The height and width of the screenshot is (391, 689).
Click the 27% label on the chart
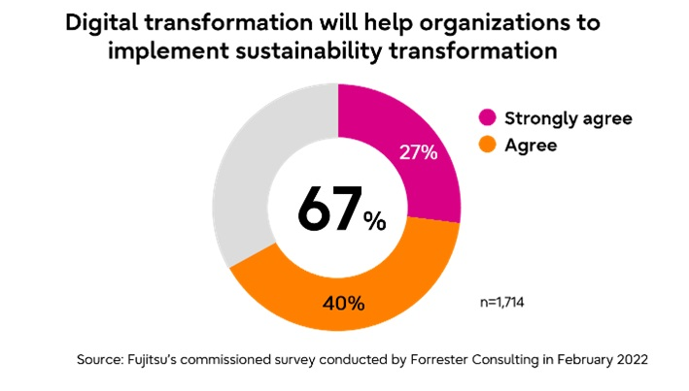pyautogui.click(x=419, y=152)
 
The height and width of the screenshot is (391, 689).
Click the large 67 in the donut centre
pyautogui.click(x=327, y=208)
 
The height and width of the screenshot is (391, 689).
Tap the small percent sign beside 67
pyautogui.click(x=374, y=221)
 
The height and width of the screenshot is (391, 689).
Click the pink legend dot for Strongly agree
pyautogui.click(x=488, y=118)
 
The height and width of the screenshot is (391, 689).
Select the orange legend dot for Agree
pyautogui.click(x=488, y=146)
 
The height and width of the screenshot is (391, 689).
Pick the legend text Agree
pyautogui.click(x=530, y=146)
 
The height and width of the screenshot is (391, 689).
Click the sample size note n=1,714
pyautogui.click(x=503, y=302)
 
